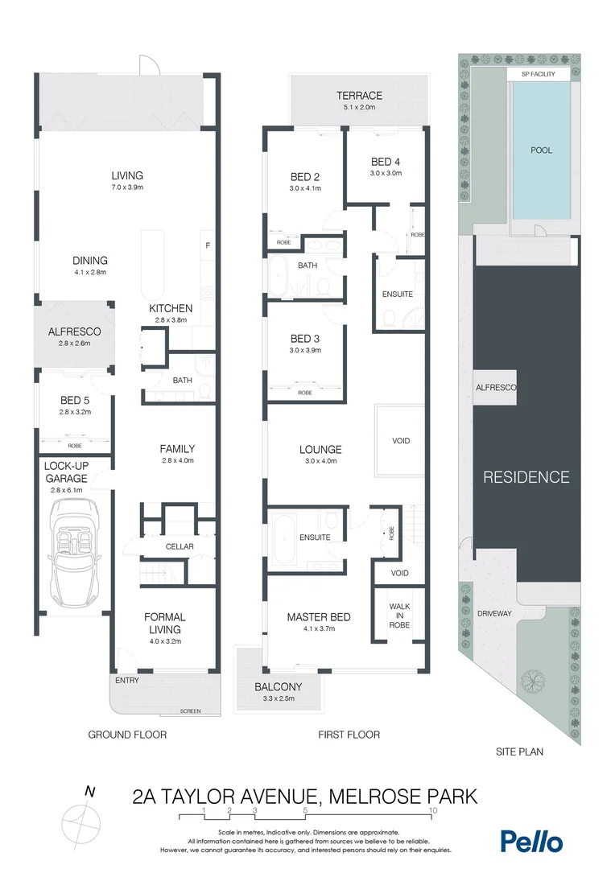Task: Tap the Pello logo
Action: (x=531, y=841)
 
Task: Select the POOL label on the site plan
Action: (x=541, y=150)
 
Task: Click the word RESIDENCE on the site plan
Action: (x=526, y=476)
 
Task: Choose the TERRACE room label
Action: (x=359, y=96)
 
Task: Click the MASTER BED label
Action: (x=319, y=617)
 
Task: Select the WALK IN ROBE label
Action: (x=399, y=616)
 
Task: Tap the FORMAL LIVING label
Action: (x=165, y=623)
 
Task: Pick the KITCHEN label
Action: (x=171, y=308)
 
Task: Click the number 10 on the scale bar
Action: (x=433, y=810)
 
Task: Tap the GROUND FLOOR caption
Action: (x=127, y=734)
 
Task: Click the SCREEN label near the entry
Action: (x=190, y=711)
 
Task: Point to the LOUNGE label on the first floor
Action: (x=321, y=450)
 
